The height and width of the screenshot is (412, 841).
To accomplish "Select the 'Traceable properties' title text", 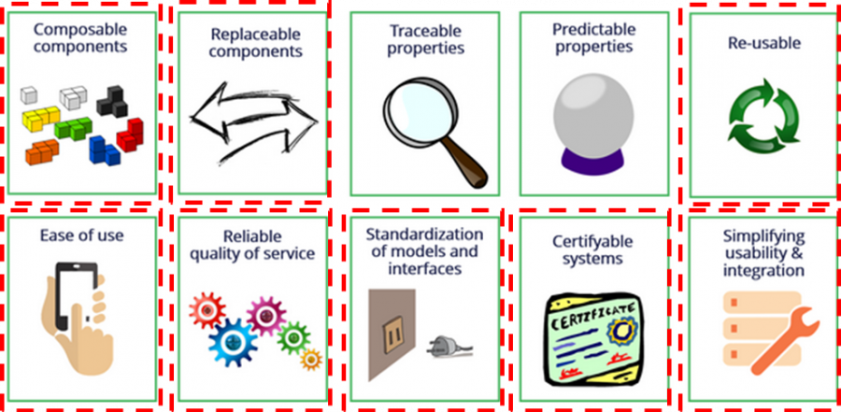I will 425,39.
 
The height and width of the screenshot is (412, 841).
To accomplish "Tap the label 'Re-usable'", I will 763,42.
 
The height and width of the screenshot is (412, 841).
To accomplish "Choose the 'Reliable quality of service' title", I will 251,244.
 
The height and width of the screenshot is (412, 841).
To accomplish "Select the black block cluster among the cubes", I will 117,100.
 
